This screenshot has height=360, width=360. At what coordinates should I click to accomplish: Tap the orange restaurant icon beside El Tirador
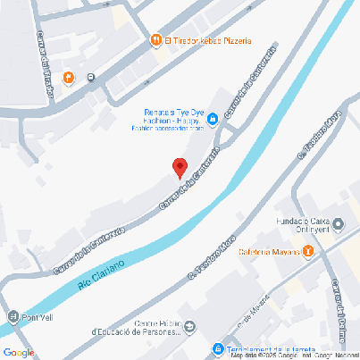point(155,40)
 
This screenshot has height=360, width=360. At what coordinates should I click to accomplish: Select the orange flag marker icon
point(69,77)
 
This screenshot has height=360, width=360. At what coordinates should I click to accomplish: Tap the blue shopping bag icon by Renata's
point(213,119)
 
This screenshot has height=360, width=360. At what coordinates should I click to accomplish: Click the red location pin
point(179,167)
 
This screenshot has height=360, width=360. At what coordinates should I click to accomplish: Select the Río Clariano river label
point(99,273)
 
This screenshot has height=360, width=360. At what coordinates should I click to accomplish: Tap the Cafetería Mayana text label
point(269,252)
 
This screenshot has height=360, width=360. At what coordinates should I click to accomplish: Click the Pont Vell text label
point(40,317)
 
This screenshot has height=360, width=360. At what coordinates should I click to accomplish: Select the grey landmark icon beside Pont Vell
point(13,317)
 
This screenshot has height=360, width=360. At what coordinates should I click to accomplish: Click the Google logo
point(18,353)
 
